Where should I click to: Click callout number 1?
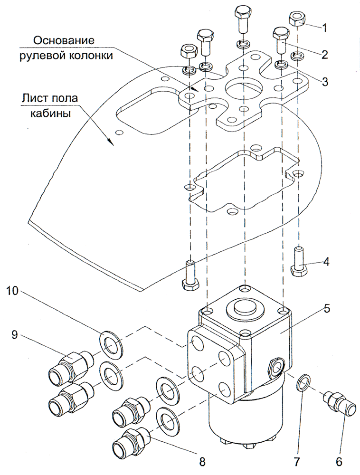[324, 28]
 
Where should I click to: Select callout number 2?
[324, 55]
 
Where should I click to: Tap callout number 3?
[324, 81]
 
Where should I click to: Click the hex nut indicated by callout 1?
[296, 20]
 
